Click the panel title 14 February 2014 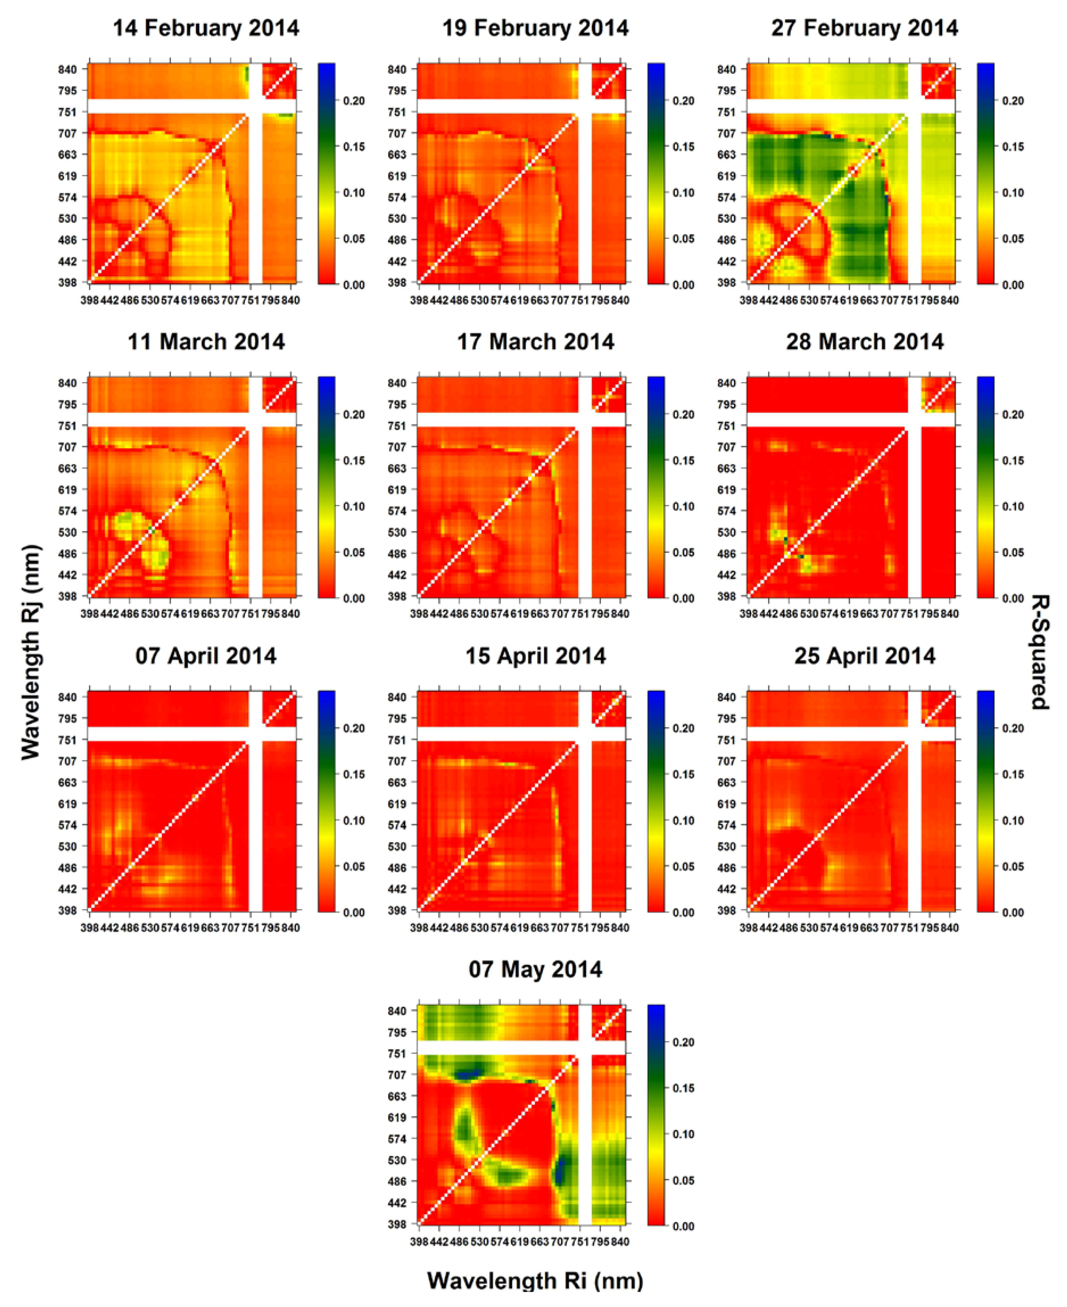[x=206, y=28]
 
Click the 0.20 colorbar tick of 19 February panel [x=683, y=101]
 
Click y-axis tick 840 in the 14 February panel [x=68, y=70]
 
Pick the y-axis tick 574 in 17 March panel [x=397, y=511]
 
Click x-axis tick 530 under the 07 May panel [x=479, y=1242]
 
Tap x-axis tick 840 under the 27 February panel [x=949, y=300]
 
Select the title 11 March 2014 [x=206, y=342]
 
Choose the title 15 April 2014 [x=535, y=656]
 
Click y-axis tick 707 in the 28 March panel [x=726, y=447]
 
